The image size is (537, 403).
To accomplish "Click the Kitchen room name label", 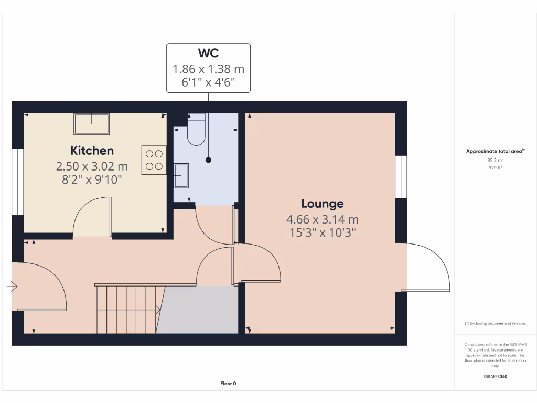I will [x=92, y=151].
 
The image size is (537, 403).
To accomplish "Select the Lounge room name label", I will [x=323, y=204].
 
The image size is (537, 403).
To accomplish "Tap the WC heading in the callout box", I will [x=208, y=53].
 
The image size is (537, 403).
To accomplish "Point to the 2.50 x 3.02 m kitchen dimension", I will [x=92, y=167].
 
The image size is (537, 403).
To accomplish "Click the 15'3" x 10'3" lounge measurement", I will [x=323, y=232].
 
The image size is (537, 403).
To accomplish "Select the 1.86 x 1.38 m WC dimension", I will [x=208, y=69].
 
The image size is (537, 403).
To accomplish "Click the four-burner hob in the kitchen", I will [x=154, y=160].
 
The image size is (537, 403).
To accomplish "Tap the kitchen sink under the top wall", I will [x=92, y=124].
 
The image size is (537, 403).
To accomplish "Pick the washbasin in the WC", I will [x=181, y=175].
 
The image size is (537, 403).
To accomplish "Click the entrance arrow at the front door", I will [x=12, y=287].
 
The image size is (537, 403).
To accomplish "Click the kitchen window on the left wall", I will [x=17, y=182].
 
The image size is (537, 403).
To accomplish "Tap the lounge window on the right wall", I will [x=401, y=177].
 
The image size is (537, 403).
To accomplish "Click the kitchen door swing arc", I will [x=91, y=216].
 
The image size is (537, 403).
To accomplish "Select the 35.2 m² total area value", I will [x=495, y=160].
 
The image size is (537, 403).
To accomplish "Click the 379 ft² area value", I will [x=495, y=168].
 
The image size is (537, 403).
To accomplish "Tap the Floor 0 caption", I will [x=228, y=384].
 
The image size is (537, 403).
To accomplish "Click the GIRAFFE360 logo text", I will [x=495, y=376].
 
